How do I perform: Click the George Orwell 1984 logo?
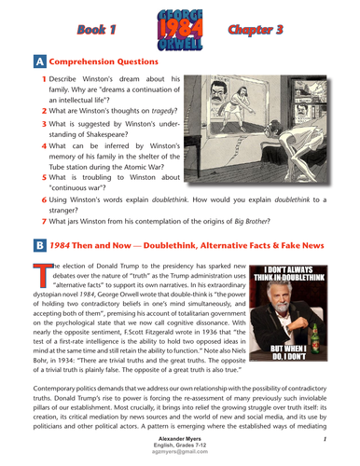[x=181, y=27]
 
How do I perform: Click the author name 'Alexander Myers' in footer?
[x=179, y=438]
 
